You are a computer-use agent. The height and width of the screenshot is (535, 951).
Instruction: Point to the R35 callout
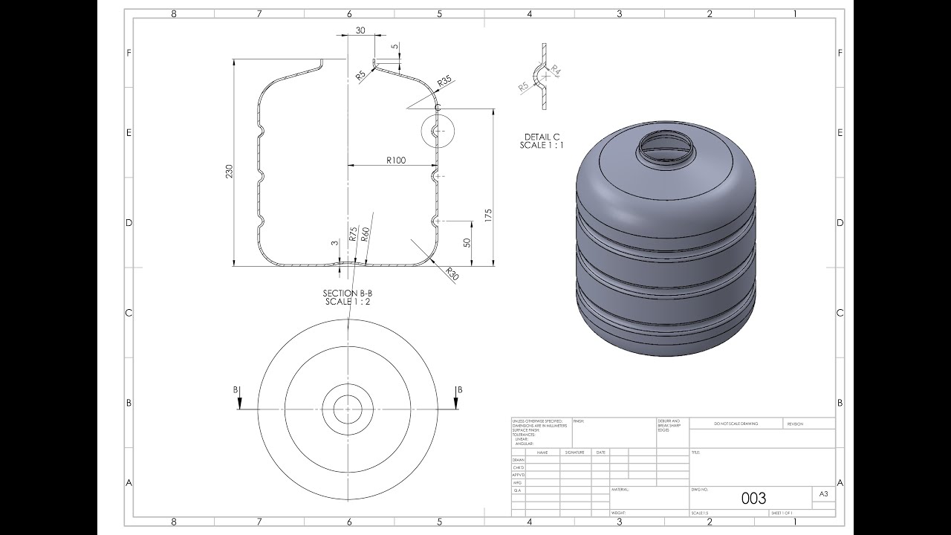click(x=445, y=80)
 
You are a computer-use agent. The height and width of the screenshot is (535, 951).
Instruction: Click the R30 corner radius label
click(x=450, y=274)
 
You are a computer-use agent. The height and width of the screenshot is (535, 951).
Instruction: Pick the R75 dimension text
click(x=353, y=234)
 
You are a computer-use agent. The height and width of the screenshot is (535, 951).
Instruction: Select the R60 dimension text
click(x=365, y=235)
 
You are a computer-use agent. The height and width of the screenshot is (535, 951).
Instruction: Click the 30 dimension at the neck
click(x=360, y=30)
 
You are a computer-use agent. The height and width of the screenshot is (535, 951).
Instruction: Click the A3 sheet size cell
click(x=823, y=493)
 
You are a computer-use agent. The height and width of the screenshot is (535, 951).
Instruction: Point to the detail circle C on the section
click(x=437, y=131)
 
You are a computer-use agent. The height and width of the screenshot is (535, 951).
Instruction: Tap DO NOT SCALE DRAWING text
click(x=736, y=424)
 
